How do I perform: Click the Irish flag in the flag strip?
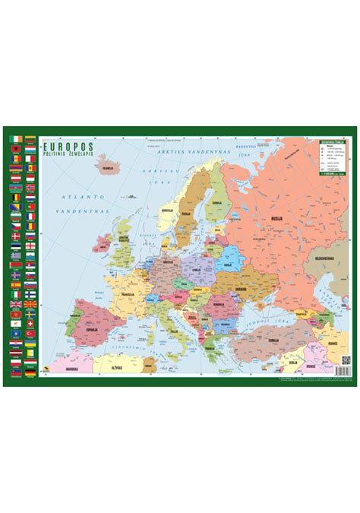tap(17, 139)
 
